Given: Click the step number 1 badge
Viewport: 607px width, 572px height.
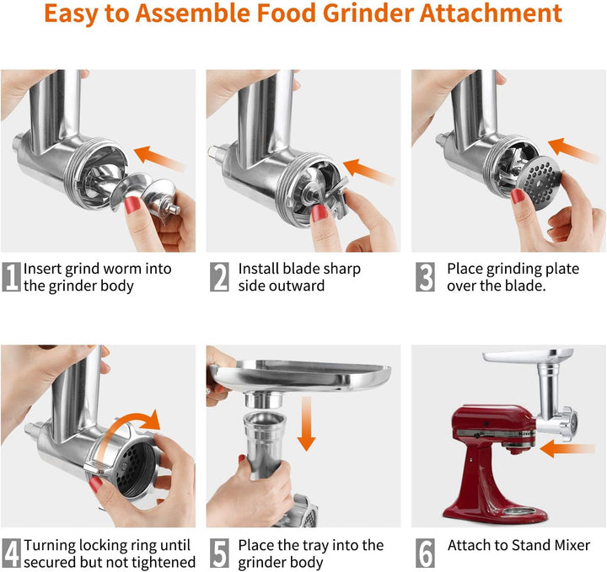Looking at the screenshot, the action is (11, 277).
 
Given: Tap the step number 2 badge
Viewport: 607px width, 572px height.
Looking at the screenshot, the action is (219, 277).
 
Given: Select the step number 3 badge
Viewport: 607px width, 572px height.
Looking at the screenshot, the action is (425, 277).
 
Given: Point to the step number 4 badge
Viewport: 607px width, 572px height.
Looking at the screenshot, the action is (11, 553).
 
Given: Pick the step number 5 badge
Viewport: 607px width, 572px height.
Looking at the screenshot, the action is (219, 553).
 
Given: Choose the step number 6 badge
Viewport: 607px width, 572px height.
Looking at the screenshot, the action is (425, 553).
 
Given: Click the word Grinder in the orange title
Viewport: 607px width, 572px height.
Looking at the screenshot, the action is (368, 13).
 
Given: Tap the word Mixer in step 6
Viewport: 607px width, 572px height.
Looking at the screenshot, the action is (572, 545).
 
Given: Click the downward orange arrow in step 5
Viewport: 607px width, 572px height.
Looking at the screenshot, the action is (306, 424).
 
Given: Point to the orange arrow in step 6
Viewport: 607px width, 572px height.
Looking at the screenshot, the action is (567, 449).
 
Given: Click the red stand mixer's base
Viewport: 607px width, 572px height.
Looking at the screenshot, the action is (496, 510).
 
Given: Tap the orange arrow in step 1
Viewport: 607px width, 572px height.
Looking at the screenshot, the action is (160, 158).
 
